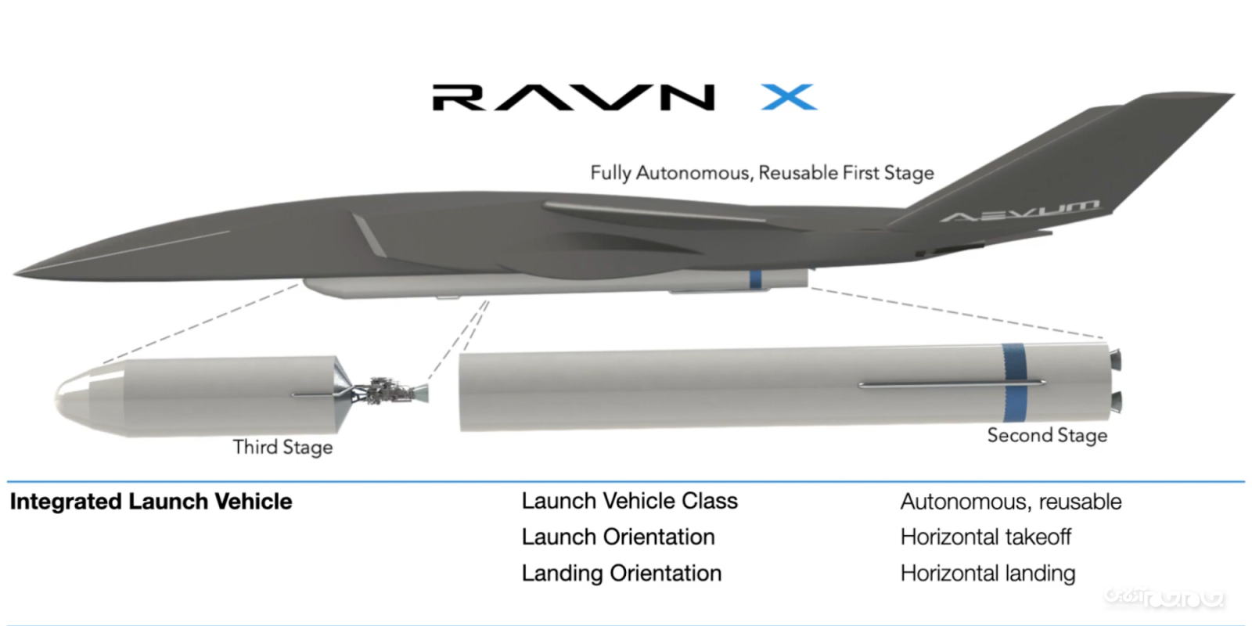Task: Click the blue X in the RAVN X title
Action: tap(789, 98)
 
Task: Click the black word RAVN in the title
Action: tap(574, 98)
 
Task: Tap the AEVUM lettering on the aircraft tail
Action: tap(1019, 210)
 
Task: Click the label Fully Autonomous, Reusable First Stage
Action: tap(761, 173)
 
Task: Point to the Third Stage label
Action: tap(282, 447)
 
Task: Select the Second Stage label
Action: tap(1047, 435)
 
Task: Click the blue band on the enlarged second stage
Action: tap(1015, 383)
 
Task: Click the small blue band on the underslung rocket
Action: tap(755, 279)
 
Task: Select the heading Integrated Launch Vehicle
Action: tap(151, 502)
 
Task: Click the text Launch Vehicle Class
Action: tap(629, 501)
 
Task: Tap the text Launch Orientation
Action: tap(617, 537)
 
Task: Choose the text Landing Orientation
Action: tap(621, 573)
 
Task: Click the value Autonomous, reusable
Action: tap(1010, 502)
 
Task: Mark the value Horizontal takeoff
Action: tap(985, 537)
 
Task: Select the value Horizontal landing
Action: tap(988, 573)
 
